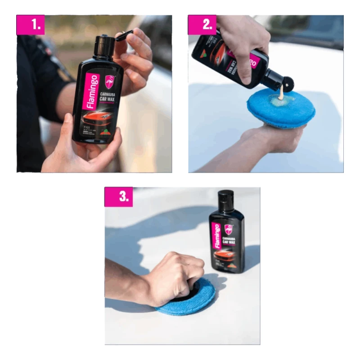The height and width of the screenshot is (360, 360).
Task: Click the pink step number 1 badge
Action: pyautogui.click(x=31, y=25)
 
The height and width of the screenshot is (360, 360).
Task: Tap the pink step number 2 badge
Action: pyautogui.click(x=202, y=25)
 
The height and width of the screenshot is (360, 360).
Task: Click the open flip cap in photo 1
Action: pyautogui.click(x=124, y=35)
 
